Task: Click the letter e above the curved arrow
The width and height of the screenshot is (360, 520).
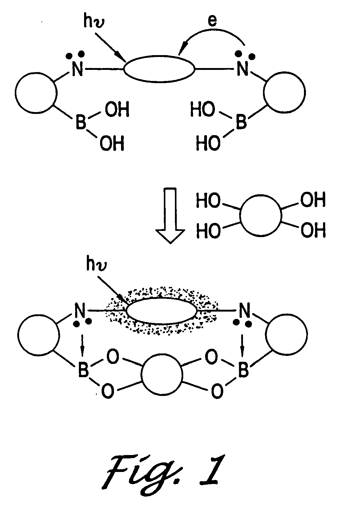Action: pos(212,21)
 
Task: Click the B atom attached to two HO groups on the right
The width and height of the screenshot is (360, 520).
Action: pos(241,122)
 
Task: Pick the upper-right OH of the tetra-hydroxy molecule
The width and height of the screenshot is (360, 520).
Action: pos(313,201)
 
